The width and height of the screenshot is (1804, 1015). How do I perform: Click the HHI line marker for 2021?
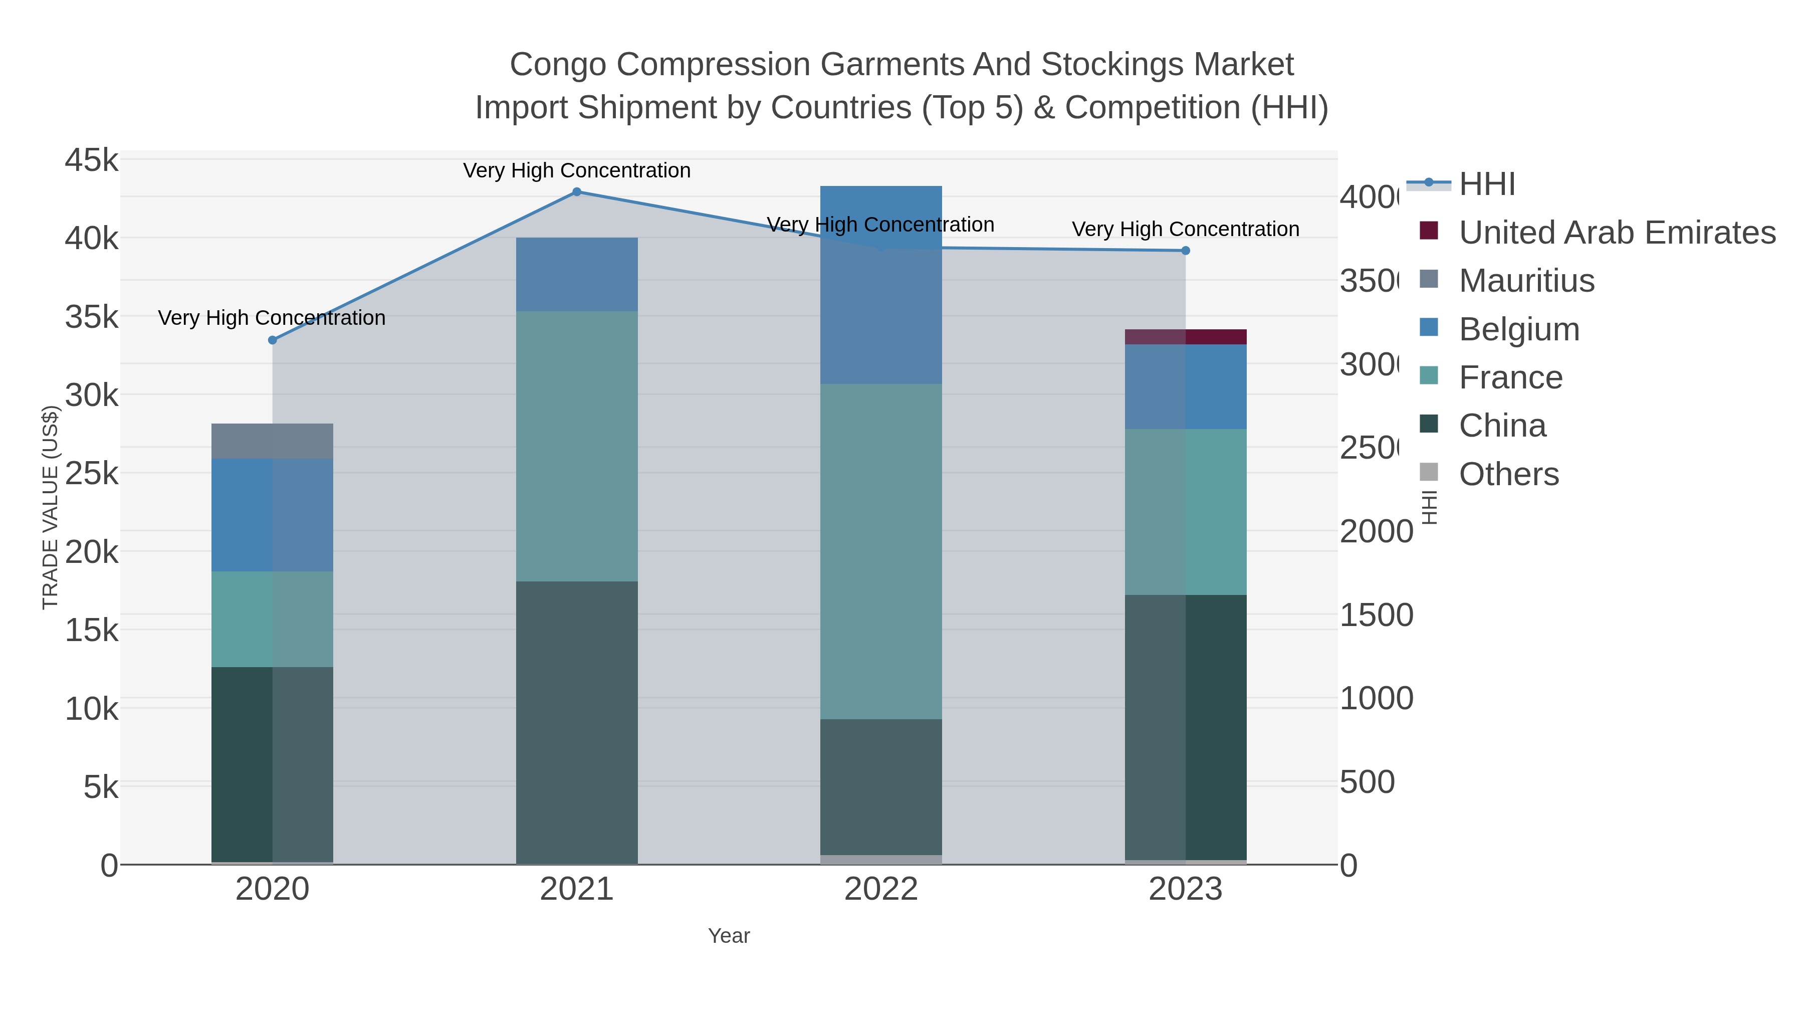click(576, 191)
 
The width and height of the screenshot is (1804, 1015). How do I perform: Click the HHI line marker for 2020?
click(273, 340)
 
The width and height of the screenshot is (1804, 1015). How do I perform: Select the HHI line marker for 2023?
click(1185, 250)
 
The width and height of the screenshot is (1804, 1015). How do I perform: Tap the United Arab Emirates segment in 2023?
click(1185, 336)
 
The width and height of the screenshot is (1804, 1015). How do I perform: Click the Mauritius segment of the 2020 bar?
click(273, 441)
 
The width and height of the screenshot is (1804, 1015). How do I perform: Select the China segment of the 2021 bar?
click(576, 721)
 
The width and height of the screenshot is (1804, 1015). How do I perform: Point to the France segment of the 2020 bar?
click(273, 619)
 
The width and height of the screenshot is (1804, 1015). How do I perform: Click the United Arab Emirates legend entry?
click(1616, 232)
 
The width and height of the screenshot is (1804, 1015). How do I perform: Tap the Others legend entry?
click(1508, 474)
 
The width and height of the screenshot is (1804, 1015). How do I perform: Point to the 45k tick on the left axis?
click(92, 160)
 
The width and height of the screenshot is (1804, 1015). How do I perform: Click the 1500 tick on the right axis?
click(1376, 615)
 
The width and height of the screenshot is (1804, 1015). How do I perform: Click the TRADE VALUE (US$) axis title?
click(51, 507)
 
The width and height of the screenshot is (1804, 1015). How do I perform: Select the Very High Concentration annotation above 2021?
click(576, 170)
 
